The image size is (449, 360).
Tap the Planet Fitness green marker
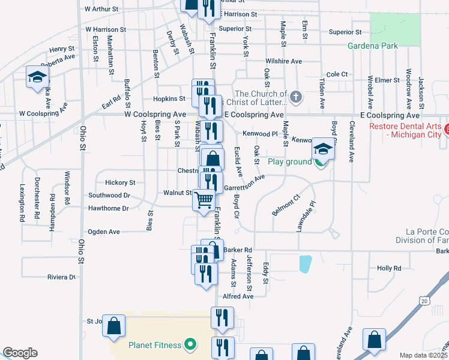click(191, 344)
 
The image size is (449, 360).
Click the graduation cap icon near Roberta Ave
click(37, 77)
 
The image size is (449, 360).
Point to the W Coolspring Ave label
click(155, 114)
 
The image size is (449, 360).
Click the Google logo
click(20, 353)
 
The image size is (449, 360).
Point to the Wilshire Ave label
click(284, 61)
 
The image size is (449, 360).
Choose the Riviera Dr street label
click(62, 277)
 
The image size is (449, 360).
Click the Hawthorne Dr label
click(109, 208)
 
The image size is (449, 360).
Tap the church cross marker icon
click(295, 97)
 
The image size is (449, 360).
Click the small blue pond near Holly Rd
click(306, 263)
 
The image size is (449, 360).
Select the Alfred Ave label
click(238, 296)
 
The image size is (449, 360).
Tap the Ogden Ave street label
click(104, 232)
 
